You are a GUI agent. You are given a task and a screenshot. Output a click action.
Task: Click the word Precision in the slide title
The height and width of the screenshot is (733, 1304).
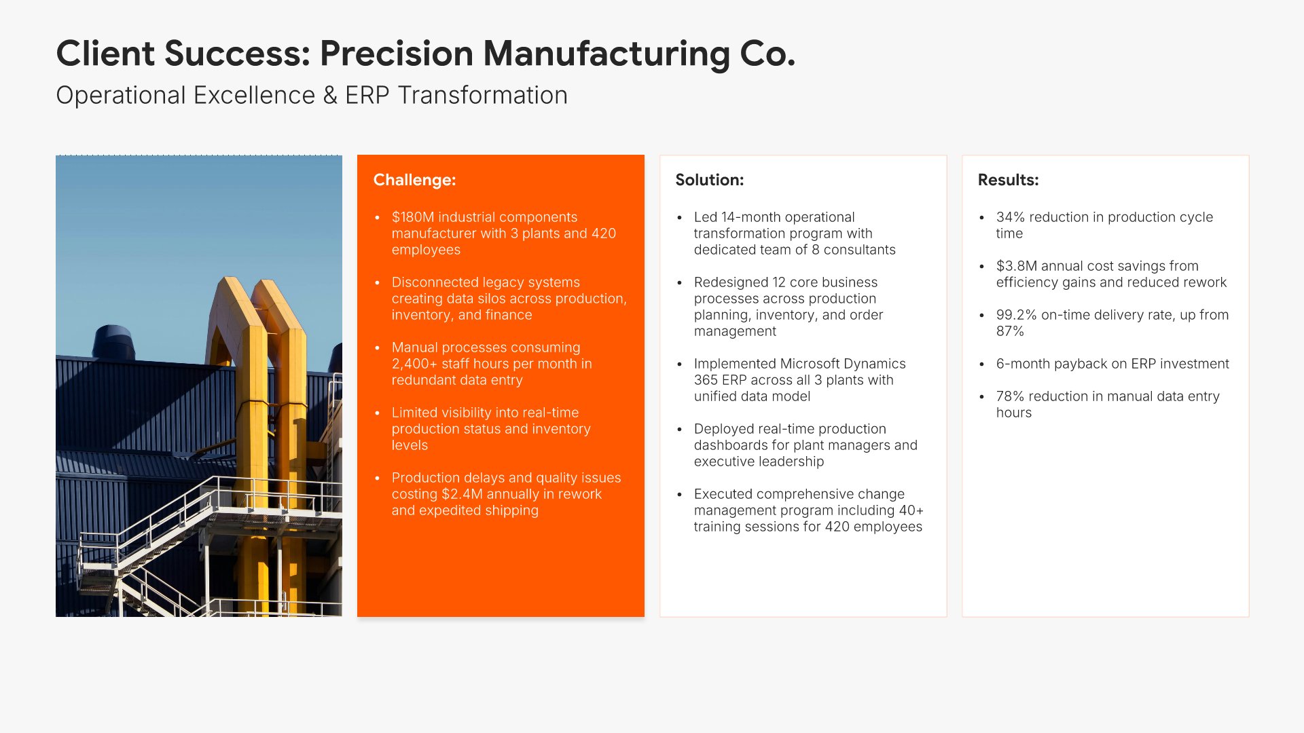tap(397, 53)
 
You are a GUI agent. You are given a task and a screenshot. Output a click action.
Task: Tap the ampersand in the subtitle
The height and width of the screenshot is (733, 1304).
tap(330, 96)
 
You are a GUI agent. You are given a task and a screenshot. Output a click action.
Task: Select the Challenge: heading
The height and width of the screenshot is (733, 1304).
tap(414, 180)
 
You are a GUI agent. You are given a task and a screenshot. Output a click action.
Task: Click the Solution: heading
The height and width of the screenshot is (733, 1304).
tap(709, 180)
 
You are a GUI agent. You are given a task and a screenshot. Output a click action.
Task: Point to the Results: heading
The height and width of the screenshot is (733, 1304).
tap(1008, 180)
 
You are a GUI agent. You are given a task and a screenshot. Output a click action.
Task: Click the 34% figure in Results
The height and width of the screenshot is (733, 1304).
tap(1010, 217)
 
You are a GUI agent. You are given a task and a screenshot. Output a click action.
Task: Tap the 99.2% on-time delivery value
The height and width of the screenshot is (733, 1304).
tap(1016, 315)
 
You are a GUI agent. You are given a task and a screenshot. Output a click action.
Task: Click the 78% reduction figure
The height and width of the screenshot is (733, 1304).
tap(1010, 396)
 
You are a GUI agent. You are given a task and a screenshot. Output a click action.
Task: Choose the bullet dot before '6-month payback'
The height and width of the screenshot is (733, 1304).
tap(981, 364)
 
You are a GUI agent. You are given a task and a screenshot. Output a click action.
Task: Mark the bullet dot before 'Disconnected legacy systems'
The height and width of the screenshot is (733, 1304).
tap(377, 283)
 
